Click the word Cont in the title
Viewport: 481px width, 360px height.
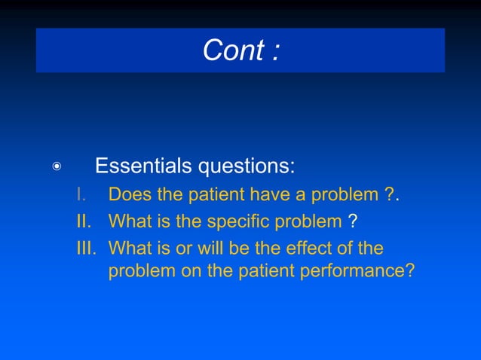click(231, 50)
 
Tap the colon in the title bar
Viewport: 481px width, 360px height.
click(276, 51)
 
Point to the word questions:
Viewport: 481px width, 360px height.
click(244, 166)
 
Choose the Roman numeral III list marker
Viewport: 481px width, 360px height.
click(88, 248)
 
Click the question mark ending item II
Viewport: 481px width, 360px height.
click(353, 221)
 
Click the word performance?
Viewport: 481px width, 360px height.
click(357, 271)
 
